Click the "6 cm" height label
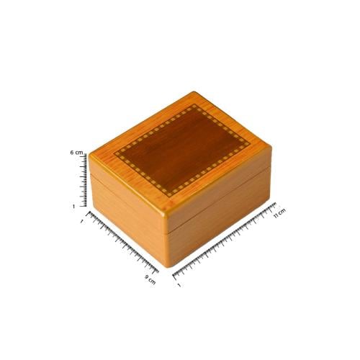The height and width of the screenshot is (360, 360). pyautogui.click(x=76, y=153)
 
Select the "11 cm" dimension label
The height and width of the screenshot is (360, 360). pyautogui.click(x=279, y=213)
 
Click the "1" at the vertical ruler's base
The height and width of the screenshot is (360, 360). pyautogui.click(x=73, y=206)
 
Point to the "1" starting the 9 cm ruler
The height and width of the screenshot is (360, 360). pyautogui.click(x=82, y=222)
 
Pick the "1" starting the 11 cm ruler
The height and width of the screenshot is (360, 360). pyautogui.click(x=179, y=285)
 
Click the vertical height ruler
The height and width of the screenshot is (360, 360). pyautogui.click(x=84, y=180)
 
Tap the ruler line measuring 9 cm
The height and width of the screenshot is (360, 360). pyautogui.click(x=123, y=243)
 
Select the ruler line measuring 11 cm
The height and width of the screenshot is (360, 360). pyautogui.click(x=225, y=240)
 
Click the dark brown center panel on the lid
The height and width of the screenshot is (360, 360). pyautogui.click(x=182, y=150)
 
